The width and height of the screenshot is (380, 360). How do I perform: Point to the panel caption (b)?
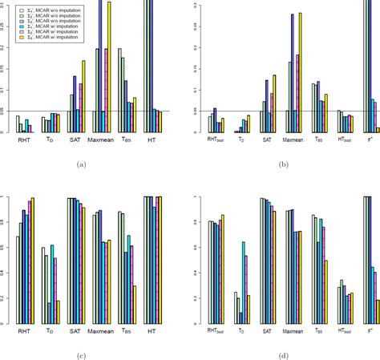coord(283,164)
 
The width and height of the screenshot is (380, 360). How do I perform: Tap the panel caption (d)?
coord(283,354)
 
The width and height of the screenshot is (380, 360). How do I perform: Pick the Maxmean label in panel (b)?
coord(293,139)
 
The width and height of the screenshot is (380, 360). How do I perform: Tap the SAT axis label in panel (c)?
coord(75,330)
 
